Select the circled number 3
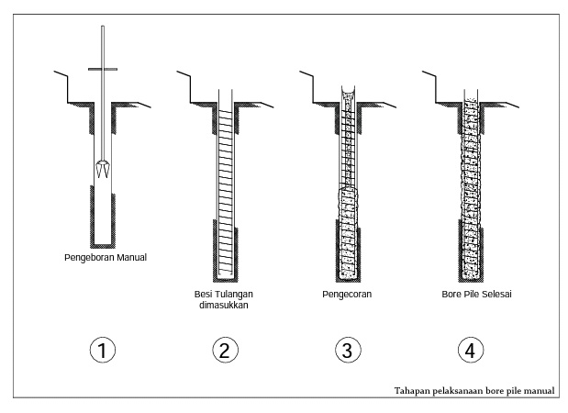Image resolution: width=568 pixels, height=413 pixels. (345, 352)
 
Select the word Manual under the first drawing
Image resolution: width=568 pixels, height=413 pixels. (129, 257)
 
